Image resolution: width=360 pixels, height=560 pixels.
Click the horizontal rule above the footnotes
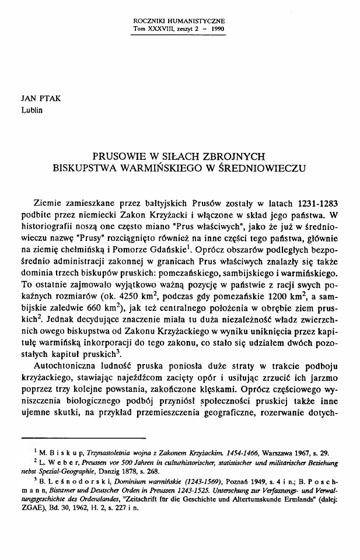82,437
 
